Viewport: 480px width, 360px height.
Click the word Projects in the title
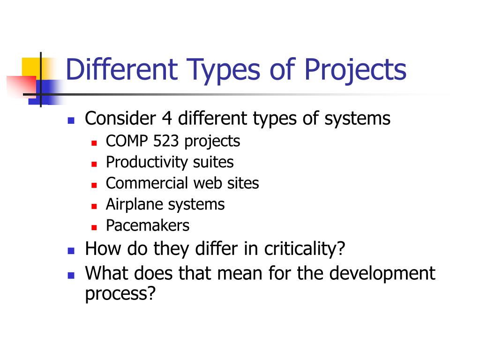(355, 69)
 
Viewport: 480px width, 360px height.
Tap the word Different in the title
(121, 69)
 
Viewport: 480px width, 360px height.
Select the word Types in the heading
(217, 69)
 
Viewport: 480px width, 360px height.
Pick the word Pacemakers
(148, 225)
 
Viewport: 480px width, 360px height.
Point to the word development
(382, 273)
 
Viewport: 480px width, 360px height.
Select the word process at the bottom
(120, 294)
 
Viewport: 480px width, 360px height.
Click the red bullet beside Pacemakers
(94, 227)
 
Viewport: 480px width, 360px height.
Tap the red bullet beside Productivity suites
(94, 164)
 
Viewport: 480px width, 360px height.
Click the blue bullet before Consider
(71, 120)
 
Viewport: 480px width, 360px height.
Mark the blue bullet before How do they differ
(71, 250)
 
